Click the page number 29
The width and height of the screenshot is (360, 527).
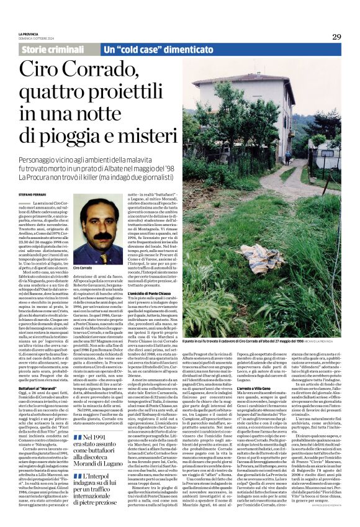(x=336, y=37)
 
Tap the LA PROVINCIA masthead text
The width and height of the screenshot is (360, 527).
(x=29, y=34)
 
